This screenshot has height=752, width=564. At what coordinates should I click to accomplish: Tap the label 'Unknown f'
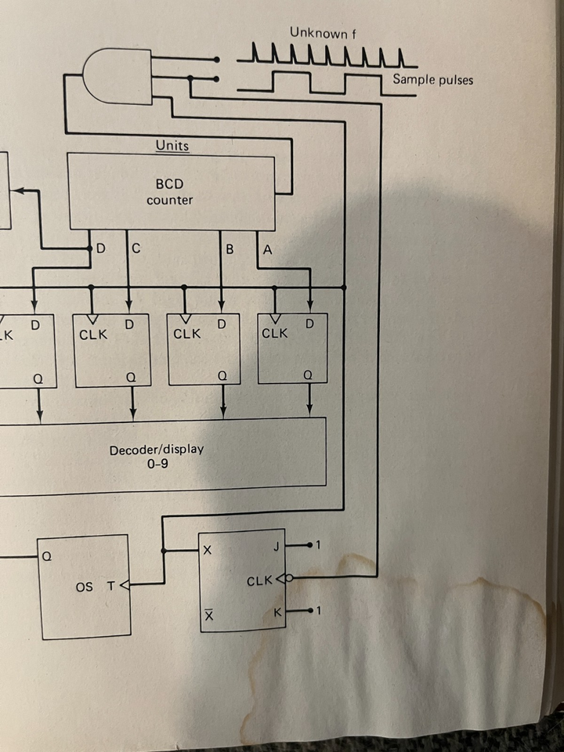tap(318, 33)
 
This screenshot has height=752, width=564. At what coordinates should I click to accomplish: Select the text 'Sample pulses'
tap(432, 80)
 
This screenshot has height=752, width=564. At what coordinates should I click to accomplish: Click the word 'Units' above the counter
tap(172, 146)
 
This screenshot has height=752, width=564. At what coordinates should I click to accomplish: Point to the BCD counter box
tap(172, 192)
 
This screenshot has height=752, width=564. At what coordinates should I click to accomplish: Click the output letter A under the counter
tap(269, 250)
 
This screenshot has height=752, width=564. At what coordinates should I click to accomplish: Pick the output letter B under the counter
tap(230, 250)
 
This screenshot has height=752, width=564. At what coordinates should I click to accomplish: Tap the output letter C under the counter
tap(136, 250)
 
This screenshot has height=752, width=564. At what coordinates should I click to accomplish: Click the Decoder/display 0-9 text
tap(157, 457)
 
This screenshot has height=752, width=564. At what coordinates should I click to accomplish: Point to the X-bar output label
tap(208, 615)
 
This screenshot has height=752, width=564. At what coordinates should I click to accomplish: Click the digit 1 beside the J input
tap(319, 544)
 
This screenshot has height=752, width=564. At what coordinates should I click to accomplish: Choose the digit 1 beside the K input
tap(319, 610)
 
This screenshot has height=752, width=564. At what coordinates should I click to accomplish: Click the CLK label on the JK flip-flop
tap(258, 580)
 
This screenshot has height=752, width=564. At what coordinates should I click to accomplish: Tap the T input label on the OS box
tap(110, 586)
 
